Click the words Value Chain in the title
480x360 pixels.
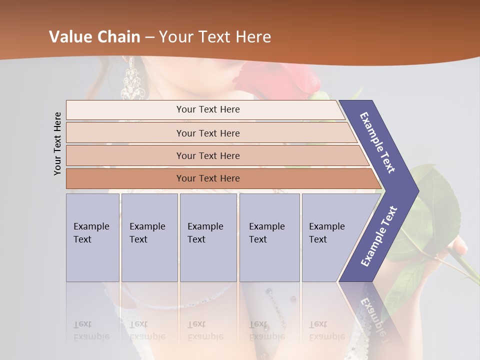(94, 37)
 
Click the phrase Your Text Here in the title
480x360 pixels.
(215, 37)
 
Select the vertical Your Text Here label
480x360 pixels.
(58, 143)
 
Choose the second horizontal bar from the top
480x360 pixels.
(208, 133)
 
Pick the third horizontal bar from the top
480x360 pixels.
(208, 155)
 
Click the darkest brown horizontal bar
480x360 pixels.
(208, 178)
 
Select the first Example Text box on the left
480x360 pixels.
(92, 237)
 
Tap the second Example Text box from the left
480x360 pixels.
(149, 237)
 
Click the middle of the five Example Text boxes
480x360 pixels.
(208, 237)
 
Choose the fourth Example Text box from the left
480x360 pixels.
(269, 237)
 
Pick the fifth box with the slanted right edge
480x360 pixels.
(330, 237)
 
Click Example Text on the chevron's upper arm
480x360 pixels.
(377, 142)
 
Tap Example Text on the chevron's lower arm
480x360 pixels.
(378, 236)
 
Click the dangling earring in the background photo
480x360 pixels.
(132, 80)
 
